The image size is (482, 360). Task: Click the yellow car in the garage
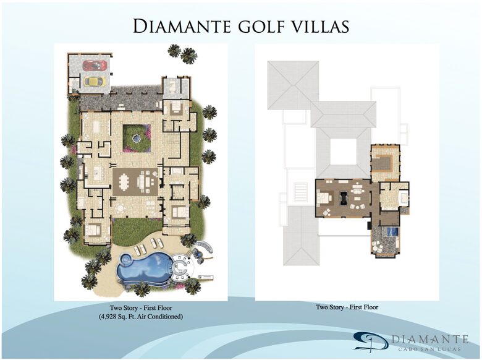pyautogui.click(x=94, y=80)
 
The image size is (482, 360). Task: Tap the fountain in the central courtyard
pyautogui.click(x=136, y=137)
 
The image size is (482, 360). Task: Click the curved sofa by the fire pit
pyautogui.click(x=207, y=250)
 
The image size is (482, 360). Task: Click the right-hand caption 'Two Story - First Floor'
pyautogui.click(x=347, y=307)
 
